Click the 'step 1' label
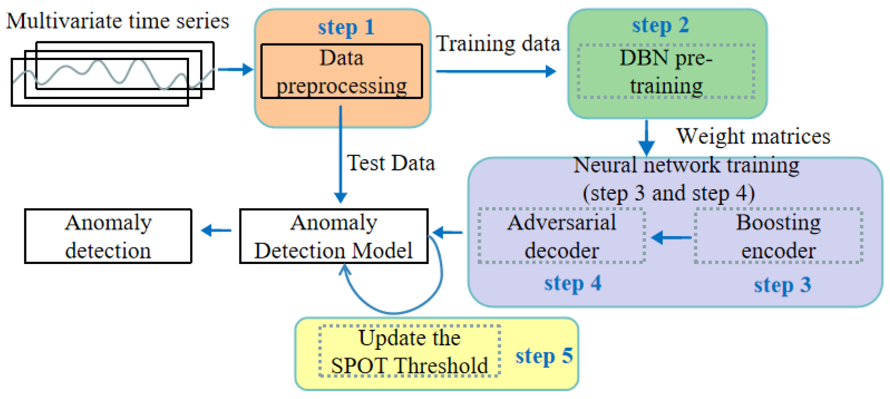tap(346, 27)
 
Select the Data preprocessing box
tap(341, 71)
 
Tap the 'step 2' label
tap(660, 25)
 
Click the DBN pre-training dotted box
tap(666, 71)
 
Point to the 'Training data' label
tap(498, 44)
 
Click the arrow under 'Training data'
tap(495, 71)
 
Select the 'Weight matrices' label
tap(753, 136)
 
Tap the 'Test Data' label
tap(390, 163)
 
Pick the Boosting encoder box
tap(778, 236)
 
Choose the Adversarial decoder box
tap(561, 236)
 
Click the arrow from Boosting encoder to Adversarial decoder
tap(671, 237)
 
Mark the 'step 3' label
tap(782, 285)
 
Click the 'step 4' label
tap(572, 283)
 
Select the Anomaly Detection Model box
tap(333, 236)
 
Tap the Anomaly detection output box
tap(108, 236)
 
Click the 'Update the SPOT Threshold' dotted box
tap(409, 351)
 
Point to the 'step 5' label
tap(543, 355)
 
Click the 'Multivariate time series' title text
tap(117, 21)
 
